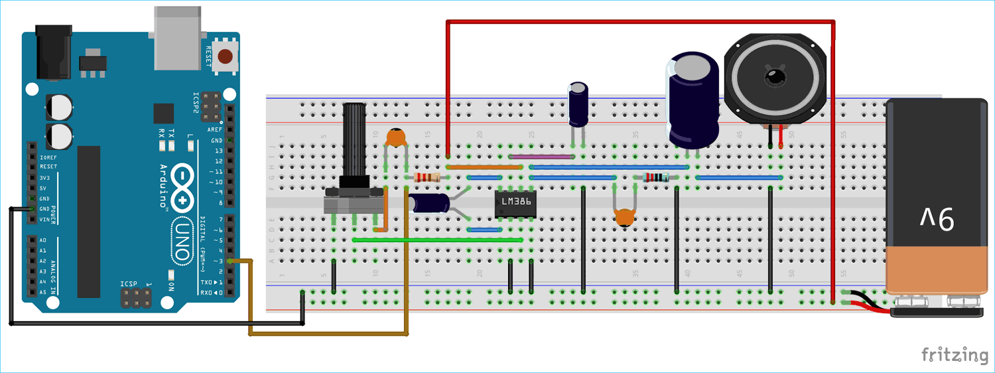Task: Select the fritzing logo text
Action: click(x=954, y=354)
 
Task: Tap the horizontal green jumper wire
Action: click(x=438, y=239)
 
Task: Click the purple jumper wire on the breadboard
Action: click(x=541, y=157)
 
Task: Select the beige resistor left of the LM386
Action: click(x=427, y=177)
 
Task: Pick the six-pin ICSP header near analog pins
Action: click(x=137, y=298)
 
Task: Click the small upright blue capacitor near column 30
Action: click(x=578, y=104)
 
